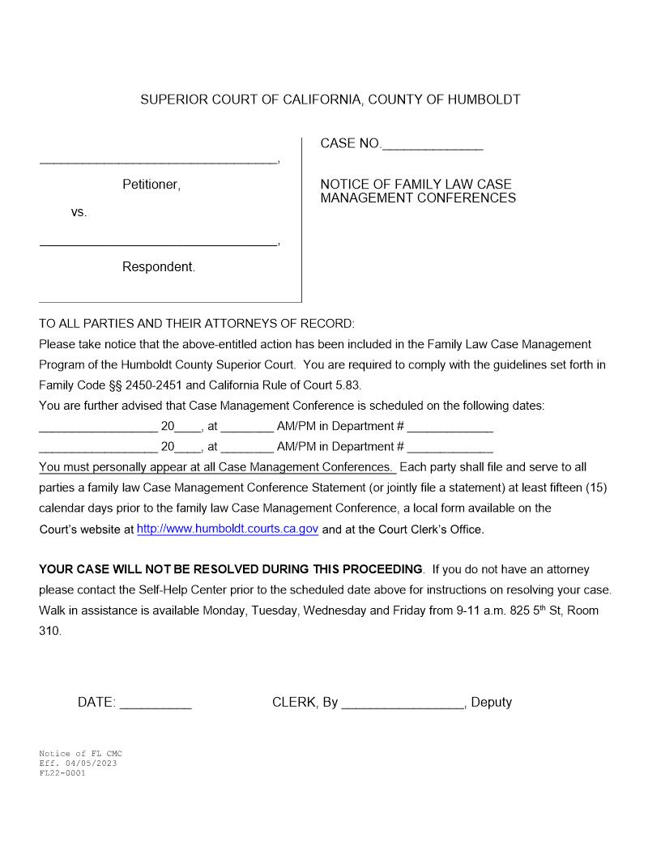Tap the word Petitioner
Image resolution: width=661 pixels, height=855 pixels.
point(151,185)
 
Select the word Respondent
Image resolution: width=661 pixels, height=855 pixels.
point(159,267)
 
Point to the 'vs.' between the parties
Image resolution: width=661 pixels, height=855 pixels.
point(79,213)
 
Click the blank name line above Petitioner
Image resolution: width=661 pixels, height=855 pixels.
point(158,162)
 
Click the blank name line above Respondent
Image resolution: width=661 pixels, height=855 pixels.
point(158,244)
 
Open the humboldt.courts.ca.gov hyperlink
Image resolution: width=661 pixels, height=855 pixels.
point(228,529)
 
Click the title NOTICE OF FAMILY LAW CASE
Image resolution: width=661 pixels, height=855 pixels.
point(416,185)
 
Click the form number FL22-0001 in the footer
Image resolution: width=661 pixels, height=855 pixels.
point(62,773)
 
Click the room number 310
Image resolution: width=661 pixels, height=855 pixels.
point(49,631)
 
